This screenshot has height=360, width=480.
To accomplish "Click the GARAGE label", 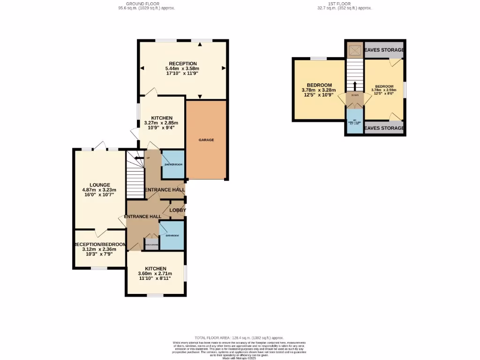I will point(206,140).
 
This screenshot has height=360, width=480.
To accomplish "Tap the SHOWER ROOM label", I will point(173,165).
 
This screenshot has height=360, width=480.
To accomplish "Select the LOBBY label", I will point(178,210).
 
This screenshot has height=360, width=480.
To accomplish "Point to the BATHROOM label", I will point(172,235).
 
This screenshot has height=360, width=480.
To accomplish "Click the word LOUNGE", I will point(100,185).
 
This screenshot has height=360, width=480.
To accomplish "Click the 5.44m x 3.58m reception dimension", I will point(183,69).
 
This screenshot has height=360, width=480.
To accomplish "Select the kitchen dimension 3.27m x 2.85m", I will point(161,123).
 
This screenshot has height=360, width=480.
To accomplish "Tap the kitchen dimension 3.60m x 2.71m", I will point(155,274).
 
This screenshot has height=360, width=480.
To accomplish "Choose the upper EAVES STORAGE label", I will point(384,50).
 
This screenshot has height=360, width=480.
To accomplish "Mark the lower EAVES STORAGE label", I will point(384,128).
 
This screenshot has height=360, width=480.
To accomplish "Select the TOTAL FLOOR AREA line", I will point(239,337).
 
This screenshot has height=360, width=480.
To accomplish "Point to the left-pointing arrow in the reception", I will point(142,67).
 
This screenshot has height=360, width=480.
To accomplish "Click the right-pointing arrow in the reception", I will point(224,67).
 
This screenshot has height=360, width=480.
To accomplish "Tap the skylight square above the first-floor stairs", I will point(355,49).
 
